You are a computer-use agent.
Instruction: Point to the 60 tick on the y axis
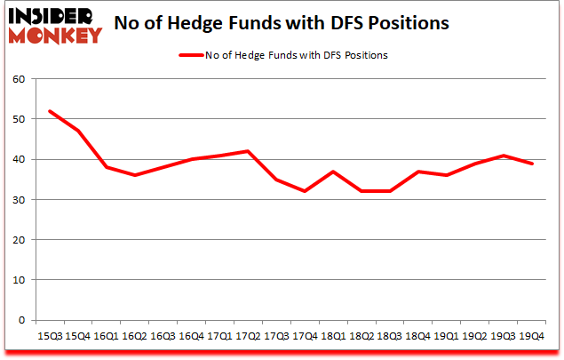(19, 79)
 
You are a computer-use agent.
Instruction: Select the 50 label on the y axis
(19, 119)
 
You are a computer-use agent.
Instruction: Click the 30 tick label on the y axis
(19, 200)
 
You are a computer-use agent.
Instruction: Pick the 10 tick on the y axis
(19, 280)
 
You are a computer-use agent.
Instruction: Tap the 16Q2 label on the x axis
(135, 335)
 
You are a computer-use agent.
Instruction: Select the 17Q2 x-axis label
(249, 335)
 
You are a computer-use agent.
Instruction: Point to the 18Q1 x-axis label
(333, 335)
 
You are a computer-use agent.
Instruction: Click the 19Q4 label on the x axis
(532, 335)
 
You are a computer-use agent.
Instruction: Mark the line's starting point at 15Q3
(49, 111)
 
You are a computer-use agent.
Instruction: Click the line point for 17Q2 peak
(248, 151)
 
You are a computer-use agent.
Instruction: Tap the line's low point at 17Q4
(305, 191)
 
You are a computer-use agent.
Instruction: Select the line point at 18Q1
(333, 172)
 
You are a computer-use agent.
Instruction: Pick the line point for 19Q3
(504, 156)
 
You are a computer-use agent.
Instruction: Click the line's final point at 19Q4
(532, 164)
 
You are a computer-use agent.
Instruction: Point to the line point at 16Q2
(134, 175)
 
